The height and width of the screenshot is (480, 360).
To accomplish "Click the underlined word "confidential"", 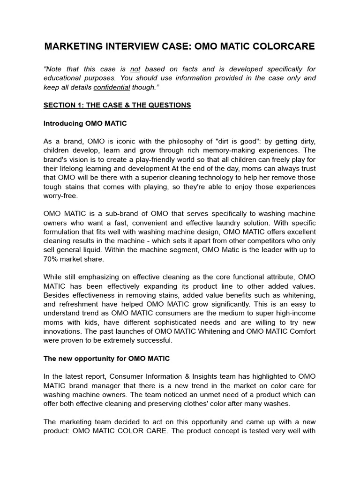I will click(112, 87).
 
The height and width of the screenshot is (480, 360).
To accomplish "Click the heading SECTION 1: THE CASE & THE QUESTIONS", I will click(117, 105).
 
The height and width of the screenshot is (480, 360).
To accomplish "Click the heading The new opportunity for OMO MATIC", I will click(106, 359).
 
